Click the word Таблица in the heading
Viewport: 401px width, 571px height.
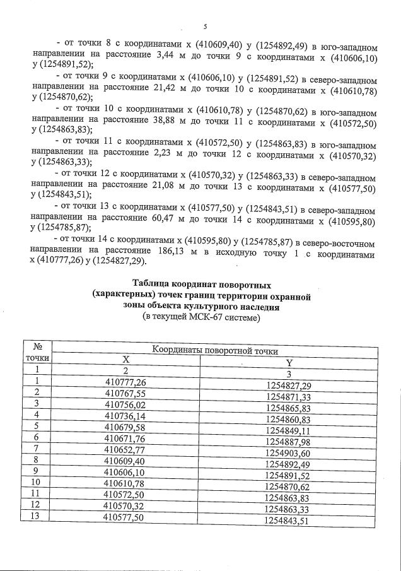(154, 284)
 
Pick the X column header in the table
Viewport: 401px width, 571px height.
(125, 360)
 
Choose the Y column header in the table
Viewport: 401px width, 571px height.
(289, 362)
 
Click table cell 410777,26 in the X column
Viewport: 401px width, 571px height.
(125, 382)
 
